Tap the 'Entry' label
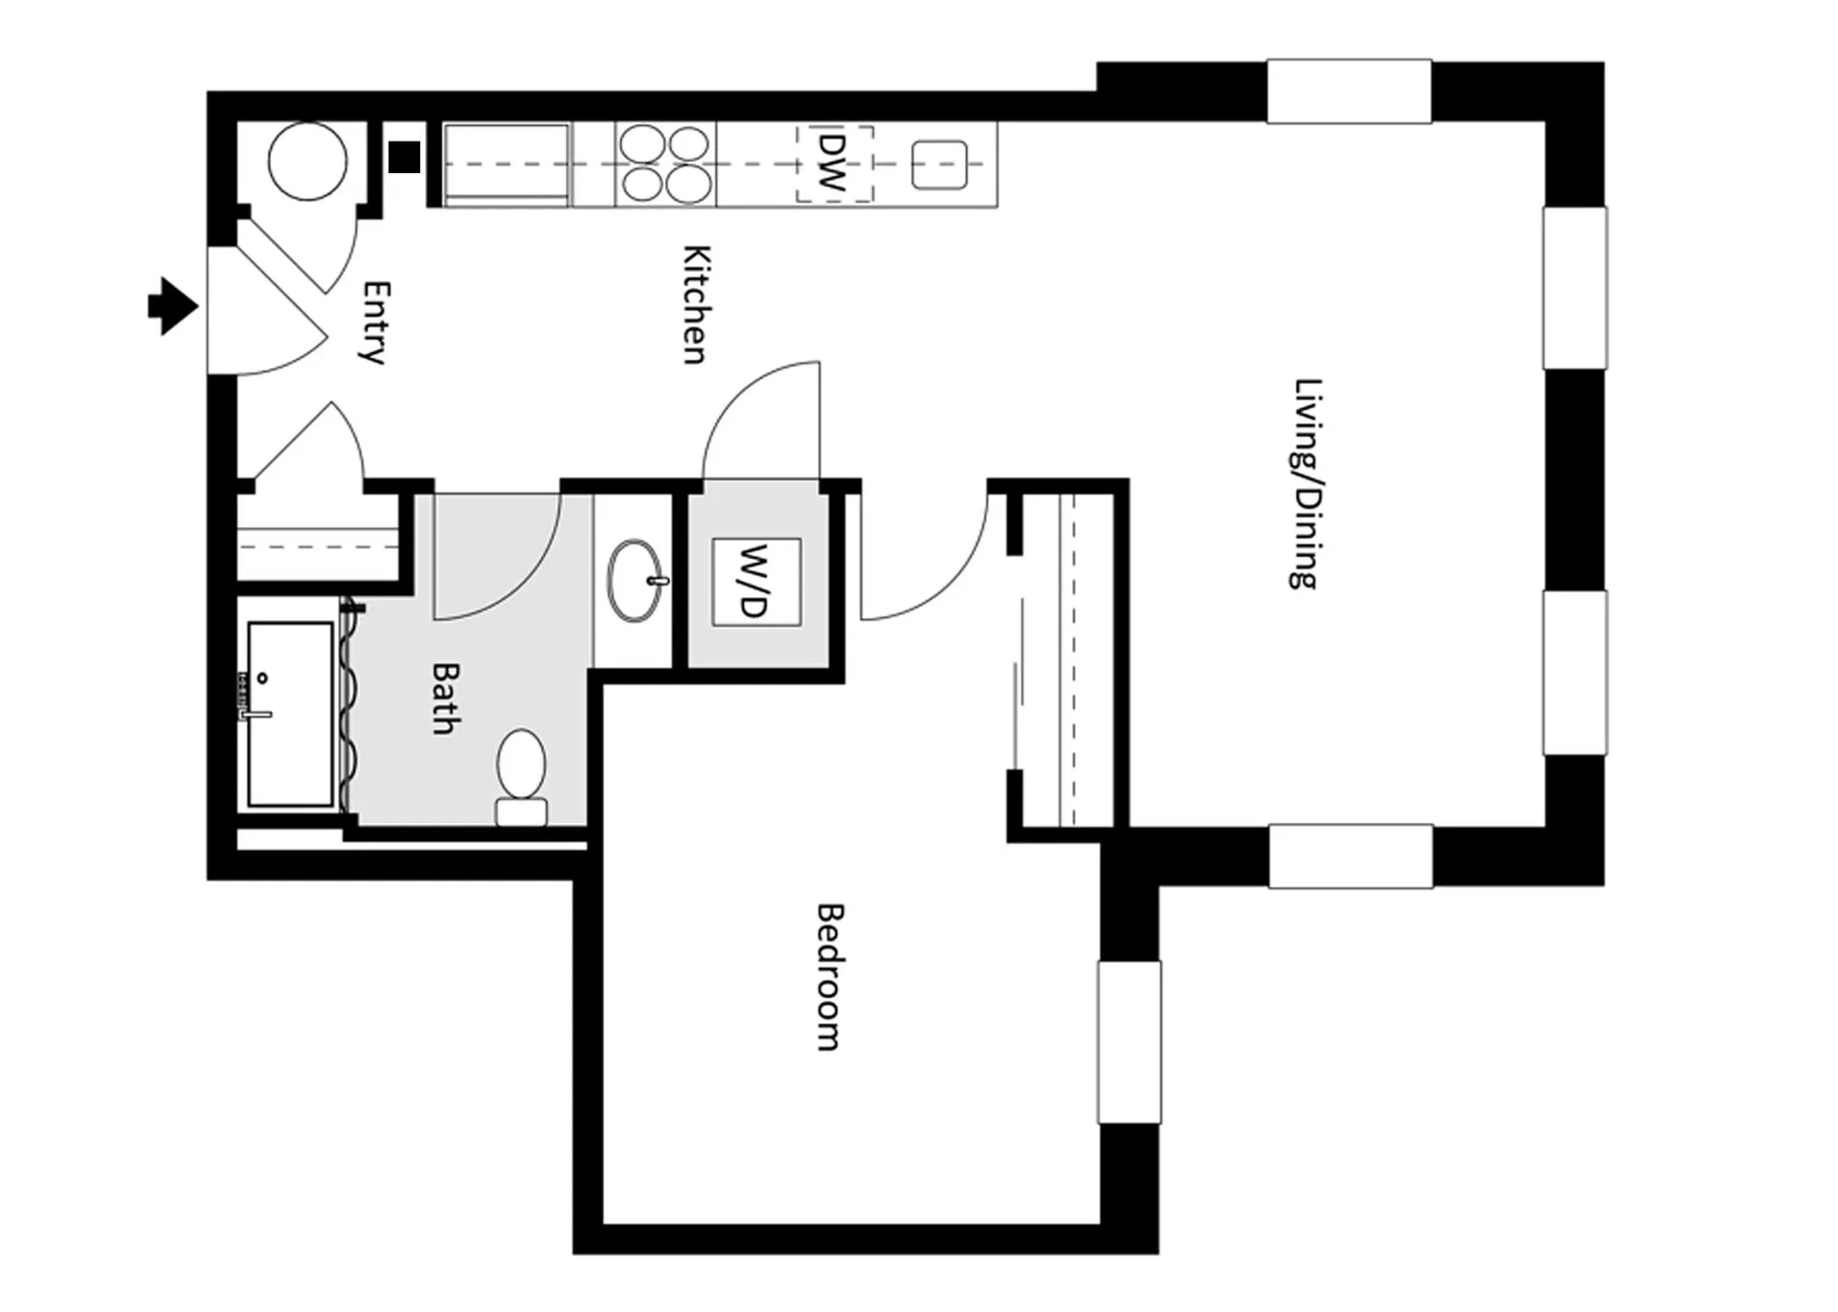[376, 322]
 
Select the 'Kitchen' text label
[696, 304]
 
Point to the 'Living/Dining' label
[1307, 483]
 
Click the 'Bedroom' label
[829, 976]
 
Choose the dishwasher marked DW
[834, 164]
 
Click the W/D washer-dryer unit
[756, 582]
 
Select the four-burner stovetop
[664, 164]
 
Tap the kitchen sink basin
[939, 165]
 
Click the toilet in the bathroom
[522, 777]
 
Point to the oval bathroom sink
[635, 581]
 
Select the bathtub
[290, 714]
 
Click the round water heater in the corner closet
[307, 162]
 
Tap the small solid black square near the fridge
[405, 156]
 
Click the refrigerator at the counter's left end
[506, 165]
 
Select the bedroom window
[1130, 1041]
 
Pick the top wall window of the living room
[1350, 91]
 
